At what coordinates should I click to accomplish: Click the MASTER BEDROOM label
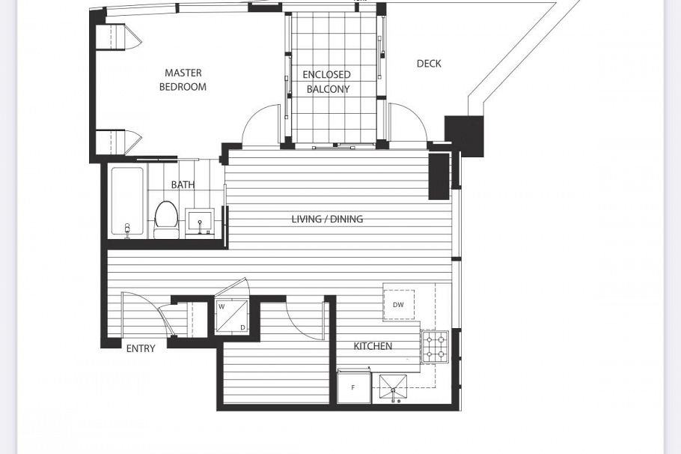(183, 79)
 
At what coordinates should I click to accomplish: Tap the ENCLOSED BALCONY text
(326, 82)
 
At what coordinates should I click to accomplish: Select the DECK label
(429, 64)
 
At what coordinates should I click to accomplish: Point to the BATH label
(183, 184)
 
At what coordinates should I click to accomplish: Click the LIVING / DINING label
(327, 219)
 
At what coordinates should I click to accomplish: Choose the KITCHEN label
(373, 345)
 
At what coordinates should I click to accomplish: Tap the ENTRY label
(141, 348)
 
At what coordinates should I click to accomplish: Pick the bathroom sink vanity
(200, 223)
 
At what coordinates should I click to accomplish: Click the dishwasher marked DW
(398, 305)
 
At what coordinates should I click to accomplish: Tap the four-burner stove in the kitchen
(434, 345)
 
